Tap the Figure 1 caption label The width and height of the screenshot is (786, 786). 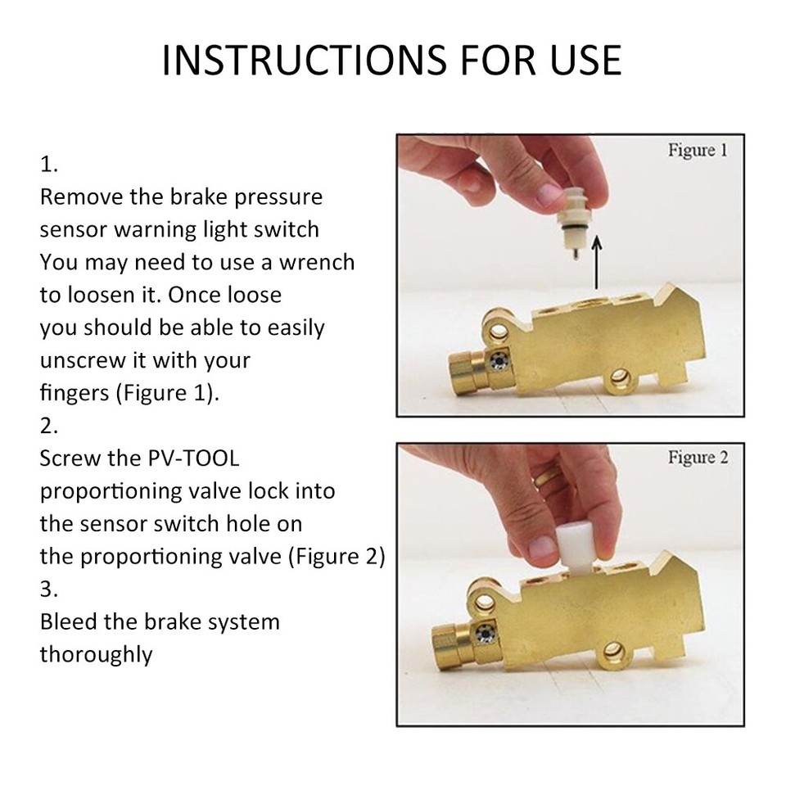(x=697, y=151)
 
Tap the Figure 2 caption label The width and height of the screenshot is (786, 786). (x=697, y=458)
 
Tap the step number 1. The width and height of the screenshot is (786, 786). (x=49, y=164)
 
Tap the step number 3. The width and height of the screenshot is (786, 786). (x=49, y=589)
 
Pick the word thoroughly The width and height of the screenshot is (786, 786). (x=96, y=654)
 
